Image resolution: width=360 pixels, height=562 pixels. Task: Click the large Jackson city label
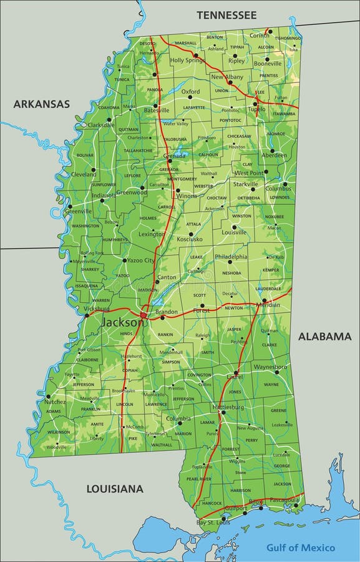click(122, 323)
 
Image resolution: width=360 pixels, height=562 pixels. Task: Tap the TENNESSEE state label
click(226, 14)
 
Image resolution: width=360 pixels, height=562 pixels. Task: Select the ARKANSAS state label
click(42, 104)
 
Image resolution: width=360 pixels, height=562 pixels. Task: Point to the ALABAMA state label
click(324, 337)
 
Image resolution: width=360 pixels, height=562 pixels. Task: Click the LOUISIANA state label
click(115, 488)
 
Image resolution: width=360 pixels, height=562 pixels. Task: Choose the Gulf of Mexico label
click(301, 548)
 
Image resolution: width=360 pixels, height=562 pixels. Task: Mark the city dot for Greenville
click(70, 206)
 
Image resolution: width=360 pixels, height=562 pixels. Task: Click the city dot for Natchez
click(48, 396)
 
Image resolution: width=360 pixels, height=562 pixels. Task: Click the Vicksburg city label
click(95, 308)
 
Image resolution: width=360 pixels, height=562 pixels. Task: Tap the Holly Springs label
click(188, 61)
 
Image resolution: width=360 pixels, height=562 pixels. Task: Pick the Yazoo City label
click(141, 260)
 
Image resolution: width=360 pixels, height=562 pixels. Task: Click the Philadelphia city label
click(231, 257)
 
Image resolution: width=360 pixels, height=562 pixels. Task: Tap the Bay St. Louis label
click(213, 522)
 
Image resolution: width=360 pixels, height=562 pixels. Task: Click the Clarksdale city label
click(101, 125)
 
